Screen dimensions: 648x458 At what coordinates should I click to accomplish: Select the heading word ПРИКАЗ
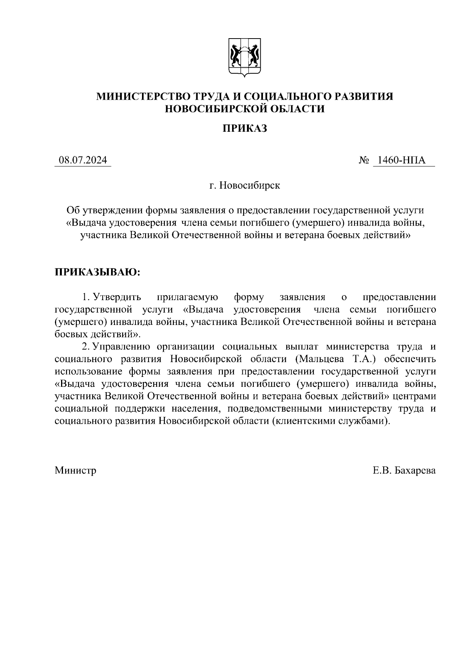(245, 129)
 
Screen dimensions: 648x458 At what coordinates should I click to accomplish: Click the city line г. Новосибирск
(245, 186)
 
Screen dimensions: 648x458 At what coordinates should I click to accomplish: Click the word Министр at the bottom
(75, 470)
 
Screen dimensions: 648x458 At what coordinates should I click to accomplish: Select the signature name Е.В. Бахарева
(404, 470)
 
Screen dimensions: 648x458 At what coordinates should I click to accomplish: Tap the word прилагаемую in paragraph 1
(187, 297)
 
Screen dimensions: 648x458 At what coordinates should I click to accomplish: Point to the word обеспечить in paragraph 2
(410, 359)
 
